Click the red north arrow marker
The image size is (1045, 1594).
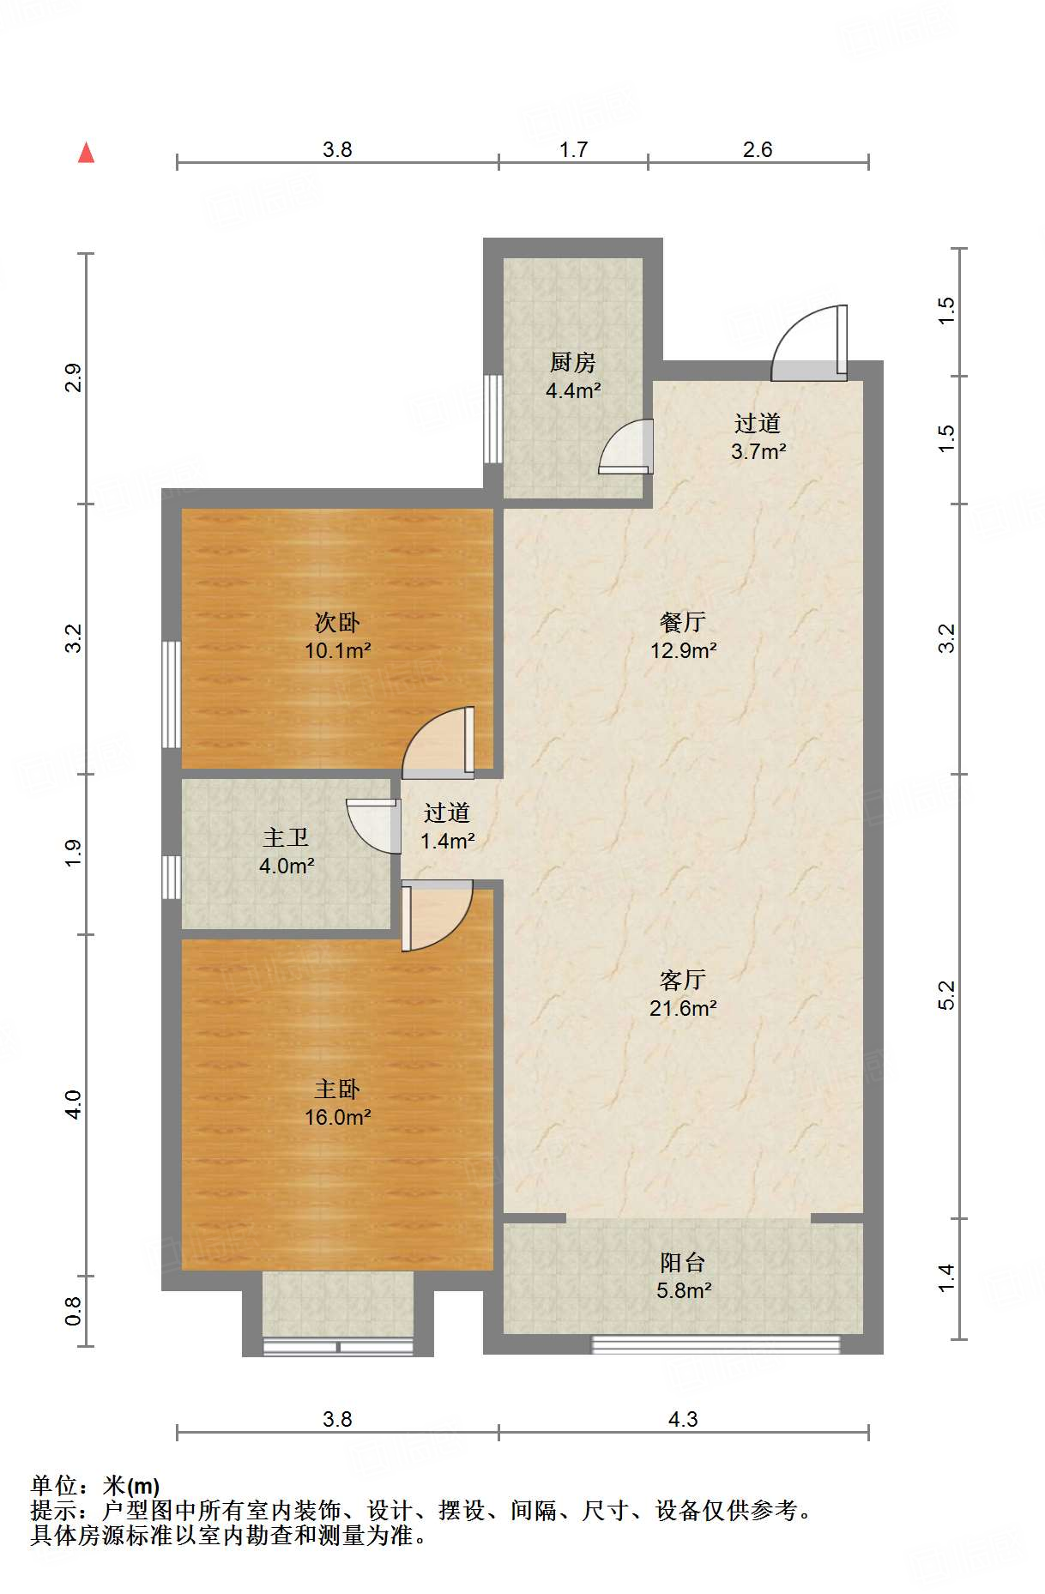86,153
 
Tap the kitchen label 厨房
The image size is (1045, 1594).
573,363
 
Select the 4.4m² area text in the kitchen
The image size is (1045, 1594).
573,391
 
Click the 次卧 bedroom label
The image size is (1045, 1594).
337,622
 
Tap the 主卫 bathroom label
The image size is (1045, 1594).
286,837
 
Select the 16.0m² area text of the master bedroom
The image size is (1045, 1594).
338,1118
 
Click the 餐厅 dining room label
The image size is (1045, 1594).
683,622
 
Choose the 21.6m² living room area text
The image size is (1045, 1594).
683,1008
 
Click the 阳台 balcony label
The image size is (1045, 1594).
683,1262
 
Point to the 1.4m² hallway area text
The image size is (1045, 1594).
448,842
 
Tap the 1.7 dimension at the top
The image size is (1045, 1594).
573,149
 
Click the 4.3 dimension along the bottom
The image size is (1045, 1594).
683,1419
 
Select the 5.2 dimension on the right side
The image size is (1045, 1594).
945,995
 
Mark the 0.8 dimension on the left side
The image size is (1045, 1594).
73,1310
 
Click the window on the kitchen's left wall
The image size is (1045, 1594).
493,419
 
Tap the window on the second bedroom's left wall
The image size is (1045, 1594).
172,694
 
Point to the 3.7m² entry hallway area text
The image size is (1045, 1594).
758,451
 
